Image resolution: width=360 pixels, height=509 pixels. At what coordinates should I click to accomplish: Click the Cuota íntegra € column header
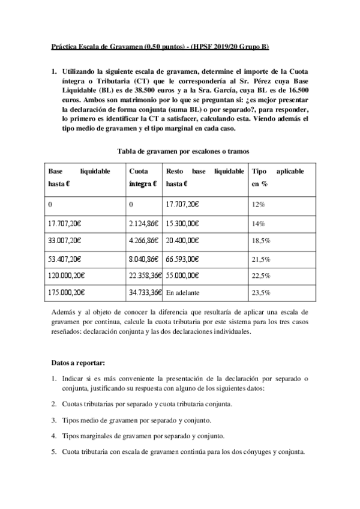click(143, 178)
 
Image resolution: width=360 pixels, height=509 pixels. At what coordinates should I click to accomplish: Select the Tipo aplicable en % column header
click(277, 178)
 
